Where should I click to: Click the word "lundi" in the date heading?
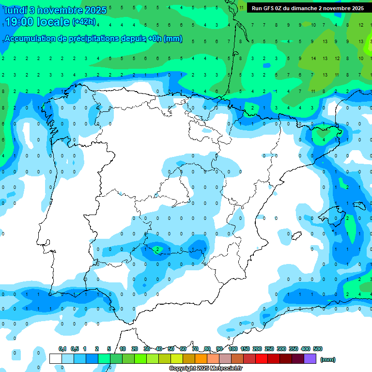[14, 10]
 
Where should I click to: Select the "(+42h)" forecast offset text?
[84, 22]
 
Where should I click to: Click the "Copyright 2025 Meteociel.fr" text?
[205, 369]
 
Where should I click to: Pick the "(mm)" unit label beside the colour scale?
[328, 359]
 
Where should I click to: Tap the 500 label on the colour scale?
[318, 349]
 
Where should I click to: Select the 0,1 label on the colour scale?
[62, 349]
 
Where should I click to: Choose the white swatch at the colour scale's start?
[55, 358]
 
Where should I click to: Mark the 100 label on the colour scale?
[232, 349]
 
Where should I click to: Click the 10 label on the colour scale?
[123, 349]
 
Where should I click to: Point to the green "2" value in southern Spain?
[157, 250]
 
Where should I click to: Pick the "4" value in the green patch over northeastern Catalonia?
[324, 139]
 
